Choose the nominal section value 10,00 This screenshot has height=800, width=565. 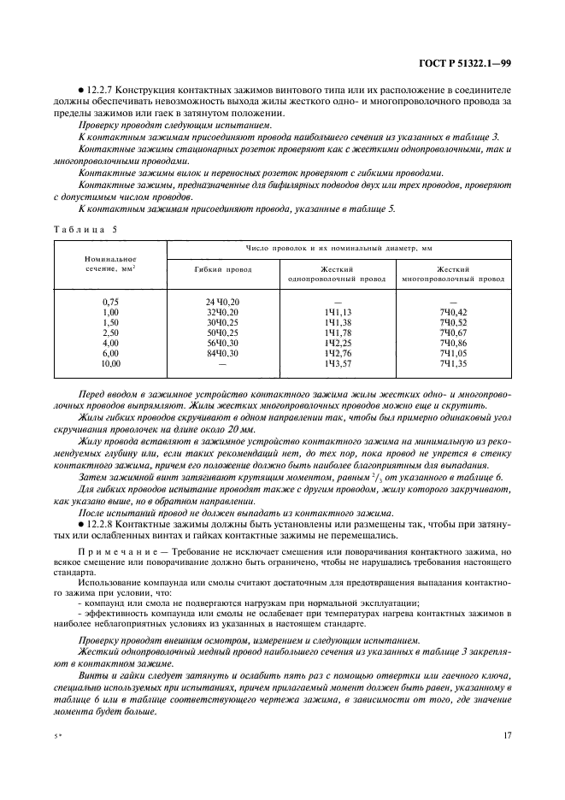pyautogui.click(x=111, y=363)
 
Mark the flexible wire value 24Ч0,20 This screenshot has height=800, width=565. pyautogui.click(x=221, y=302)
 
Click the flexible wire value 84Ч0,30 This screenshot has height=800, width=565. pyautogui.click(x=221, y=353)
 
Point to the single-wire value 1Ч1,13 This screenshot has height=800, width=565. pyautogui.click(x=338, y=312)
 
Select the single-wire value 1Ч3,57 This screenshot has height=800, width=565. pyautogui.click(x=338, y=363)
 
